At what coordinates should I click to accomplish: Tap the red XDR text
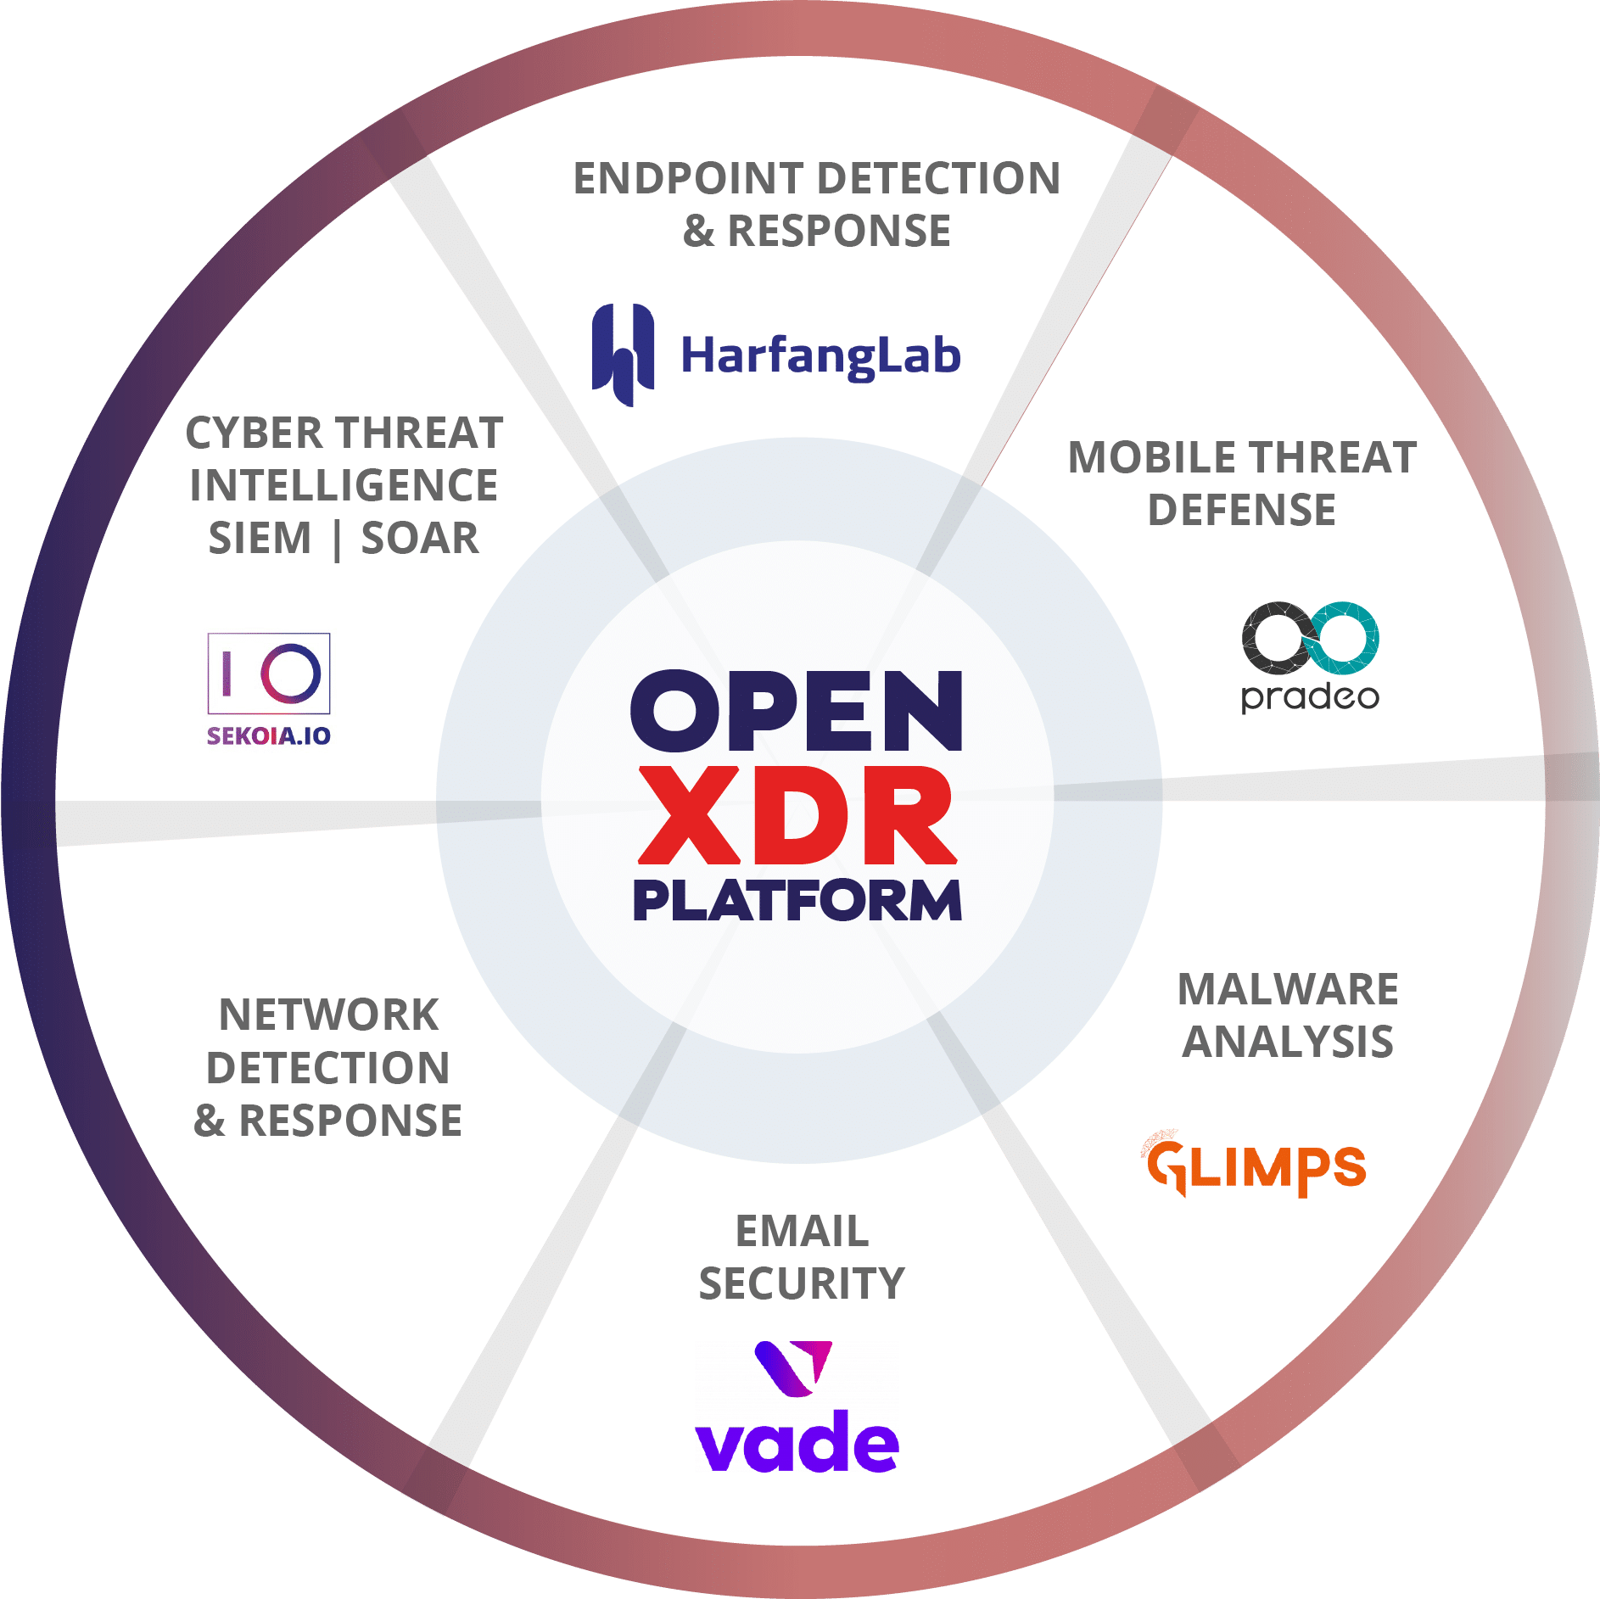click(x=797, y=815)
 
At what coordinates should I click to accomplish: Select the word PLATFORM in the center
click(x=797, y=901)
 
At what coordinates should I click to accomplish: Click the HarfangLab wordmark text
click(x=820, y=356)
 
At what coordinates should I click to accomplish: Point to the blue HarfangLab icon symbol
click(x=623, y=355)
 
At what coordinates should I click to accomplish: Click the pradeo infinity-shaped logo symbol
click(x=1310, y=638)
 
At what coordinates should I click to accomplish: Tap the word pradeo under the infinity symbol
click(x=1310, y=697)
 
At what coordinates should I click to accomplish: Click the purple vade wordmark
click(x=797, y=1442)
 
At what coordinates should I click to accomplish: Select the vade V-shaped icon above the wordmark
click(x=794, y=1367)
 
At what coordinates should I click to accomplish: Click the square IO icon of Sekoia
click(x=269, y=674)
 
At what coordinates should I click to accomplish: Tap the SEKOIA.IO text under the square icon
click(x=269, y=735)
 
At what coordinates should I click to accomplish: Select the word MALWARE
click(x=1288, y=990)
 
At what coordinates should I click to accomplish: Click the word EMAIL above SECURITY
click(x=802, y=1232)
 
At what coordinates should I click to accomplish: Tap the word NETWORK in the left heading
click(x=328, y=1015)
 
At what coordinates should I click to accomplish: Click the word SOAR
click(x=420, y=539)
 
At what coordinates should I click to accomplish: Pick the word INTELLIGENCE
click(x=344, y=486)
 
